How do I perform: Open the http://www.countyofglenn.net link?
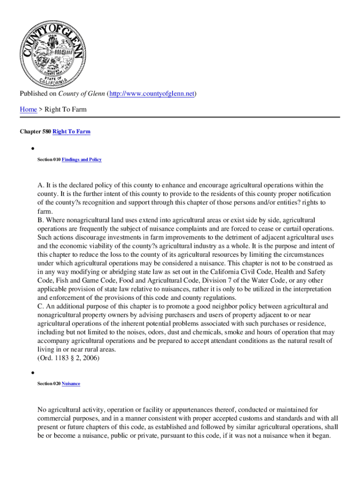(x=152, y=94)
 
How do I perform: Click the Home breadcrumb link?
(x=29, y=109)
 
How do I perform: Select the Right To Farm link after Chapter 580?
(x=72, y=132)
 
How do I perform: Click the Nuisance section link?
(x=71, y=384)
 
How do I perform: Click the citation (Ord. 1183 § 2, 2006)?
(x=69, y=358)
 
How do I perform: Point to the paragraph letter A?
(x=40, y=186)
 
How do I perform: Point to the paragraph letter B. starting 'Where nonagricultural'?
(x=40, y=220)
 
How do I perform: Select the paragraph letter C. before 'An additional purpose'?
(x=40, y=307)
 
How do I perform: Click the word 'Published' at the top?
(x=34, y=94)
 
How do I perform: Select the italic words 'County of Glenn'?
(x=82, y=94)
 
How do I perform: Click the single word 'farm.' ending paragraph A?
(x=45, y=211)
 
